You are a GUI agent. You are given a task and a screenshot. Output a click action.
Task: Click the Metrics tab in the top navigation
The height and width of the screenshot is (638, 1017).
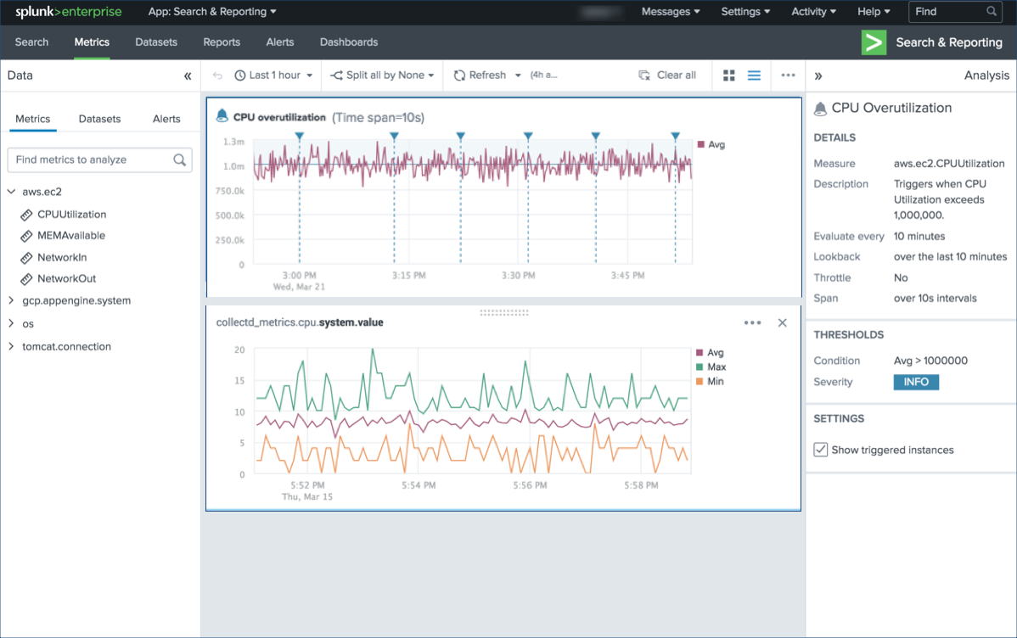[92, 42]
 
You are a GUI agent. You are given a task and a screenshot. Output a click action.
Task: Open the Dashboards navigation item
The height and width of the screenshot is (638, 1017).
[348, 42]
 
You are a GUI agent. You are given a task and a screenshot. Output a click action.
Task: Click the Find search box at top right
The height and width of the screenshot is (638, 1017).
[947, 12]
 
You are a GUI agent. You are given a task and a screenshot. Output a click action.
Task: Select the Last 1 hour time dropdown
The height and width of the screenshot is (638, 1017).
[273, 76]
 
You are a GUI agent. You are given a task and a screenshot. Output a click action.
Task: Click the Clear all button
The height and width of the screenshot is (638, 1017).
[667, 76]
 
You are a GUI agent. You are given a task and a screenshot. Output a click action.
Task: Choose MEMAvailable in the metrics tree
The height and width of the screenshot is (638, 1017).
[71, 236]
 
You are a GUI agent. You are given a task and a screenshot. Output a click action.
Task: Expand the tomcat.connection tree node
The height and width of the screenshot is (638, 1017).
[12, 347]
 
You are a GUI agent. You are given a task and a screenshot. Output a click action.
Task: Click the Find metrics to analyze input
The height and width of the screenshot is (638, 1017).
[92, 159]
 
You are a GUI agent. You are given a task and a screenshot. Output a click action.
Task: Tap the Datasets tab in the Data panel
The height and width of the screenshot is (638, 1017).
[99, 119]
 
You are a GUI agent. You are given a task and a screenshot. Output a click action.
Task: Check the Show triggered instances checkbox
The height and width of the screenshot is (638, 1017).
[821, 450]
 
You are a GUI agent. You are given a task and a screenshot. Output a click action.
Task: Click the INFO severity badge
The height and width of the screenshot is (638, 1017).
[916, 382]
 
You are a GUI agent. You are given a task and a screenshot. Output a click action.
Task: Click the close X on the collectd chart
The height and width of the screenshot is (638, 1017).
[783, 323]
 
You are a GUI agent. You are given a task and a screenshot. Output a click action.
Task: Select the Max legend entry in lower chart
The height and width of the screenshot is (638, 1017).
[716, 367]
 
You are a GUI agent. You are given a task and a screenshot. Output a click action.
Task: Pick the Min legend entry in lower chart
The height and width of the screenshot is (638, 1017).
[715, 382]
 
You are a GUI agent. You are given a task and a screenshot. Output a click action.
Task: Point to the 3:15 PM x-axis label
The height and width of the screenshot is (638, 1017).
[409, 276]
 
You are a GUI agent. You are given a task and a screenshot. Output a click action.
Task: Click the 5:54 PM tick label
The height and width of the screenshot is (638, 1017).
[418, 485]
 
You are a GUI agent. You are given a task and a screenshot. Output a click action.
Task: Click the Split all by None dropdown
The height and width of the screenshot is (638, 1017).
[383, 76]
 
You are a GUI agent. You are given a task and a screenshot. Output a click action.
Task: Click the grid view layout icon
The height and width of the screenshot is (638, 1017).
[728, 76]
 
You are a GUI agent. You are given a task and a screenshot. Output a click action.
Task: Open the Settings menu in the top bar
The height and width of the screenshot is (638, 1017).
[745, 12]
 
